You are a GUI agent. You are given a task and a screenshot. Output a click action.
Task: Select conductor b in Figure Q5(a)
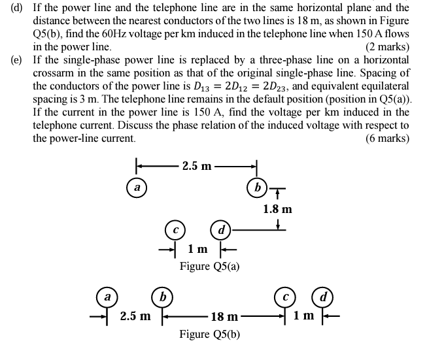257,187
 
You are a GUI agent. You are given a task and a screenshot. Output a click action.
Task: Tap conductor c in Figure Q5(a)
176,230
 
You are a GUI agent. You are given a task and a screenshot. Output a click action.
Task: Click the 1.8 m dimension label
277,209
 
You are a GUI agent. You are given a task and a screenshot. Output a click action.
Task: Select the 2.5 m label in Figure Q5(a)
197,166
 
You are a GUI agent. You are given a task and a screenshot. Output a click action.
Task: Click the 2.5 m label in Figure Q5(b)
135,317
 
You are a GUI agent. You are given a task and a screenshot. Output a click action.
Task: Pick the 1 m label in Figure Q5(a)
197,250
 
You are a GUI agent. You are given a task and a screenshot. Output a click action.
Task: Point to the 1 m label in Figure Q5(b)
303,317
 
